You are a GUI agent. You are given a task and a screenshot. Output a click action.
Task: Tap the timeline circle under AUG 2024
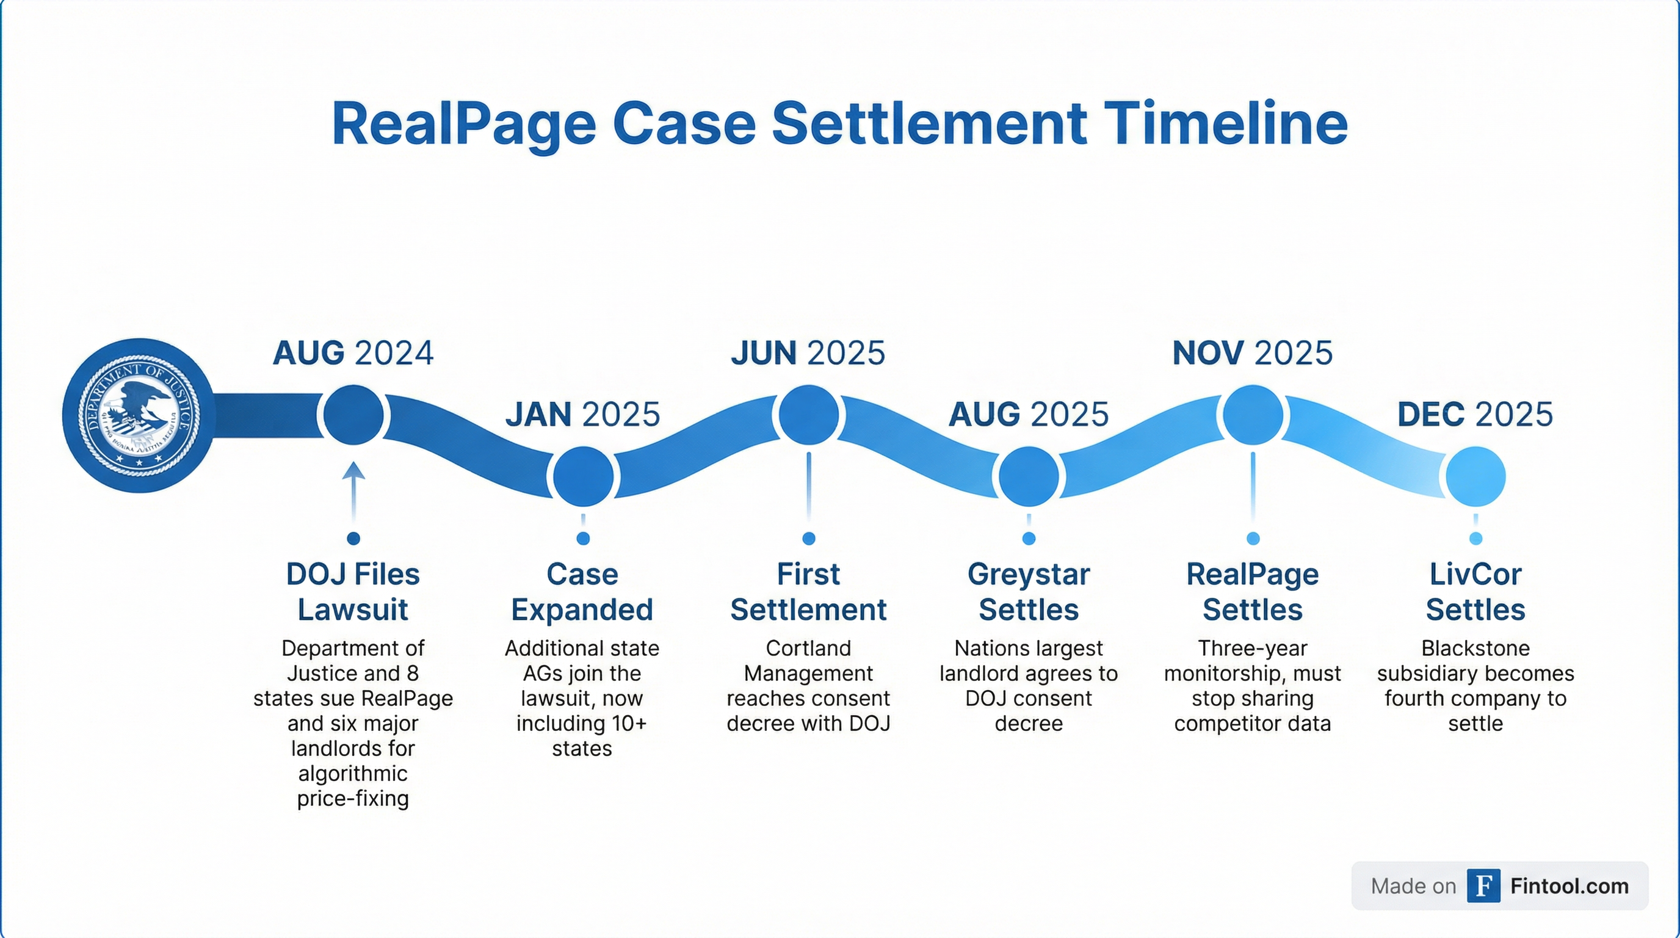353,415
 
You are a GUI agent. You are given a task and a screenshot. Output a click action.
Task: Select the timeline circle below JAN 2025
583,477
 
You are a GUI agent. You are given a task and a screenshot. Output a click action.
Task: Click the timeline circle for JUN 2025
809,415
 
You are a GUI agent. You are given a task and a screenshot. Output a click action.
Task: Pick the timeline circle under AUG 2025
1029,477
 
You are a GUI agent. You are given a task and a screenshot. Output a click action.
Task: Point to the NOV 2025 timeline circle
1252,415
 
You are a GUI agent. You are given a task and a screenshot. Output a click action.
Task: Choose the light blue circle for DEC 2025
1475,477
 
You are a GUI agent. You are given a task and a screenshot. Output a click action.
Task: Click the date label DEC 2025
1475,415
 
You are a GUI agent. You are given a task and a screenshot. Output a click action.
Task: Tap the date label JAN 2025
583,415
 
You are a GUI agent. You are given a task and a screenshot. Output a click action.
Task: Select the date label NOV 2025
1252,354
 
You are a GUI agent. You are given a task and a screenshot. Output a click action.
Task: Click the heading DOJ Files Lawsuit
353,592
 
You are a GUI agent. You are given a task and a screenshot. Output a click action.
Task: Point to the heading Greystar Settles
1029,592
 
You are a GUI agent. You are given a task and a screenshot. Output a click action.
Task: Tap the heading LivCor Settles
1475,592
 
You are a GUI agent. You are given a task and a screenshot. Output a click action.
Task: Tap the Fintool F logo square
1483,886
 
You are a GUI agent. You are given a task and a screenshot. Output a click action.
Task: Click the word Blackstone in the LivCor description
1475,649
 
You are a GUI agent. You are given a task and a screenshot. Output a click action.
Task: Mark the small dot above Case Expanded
583,538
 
